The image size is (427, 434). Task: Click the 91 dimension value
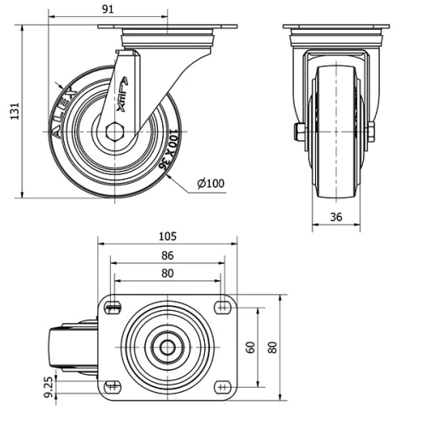108,9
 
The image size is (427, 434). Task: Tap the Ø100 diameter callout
210,184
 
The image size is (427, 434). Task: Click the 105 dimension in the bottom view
167,236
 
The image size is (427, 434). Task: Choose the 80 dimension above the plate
167,273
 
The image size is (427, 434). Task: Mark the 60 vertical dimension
250,347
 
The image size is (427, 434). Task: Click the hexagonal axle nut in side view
117,130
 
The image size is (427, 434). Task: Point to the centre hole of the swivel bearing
167,347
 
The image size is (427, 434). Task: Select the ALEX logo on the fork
123,94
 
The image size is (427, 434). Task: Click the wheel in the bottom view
71,347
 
